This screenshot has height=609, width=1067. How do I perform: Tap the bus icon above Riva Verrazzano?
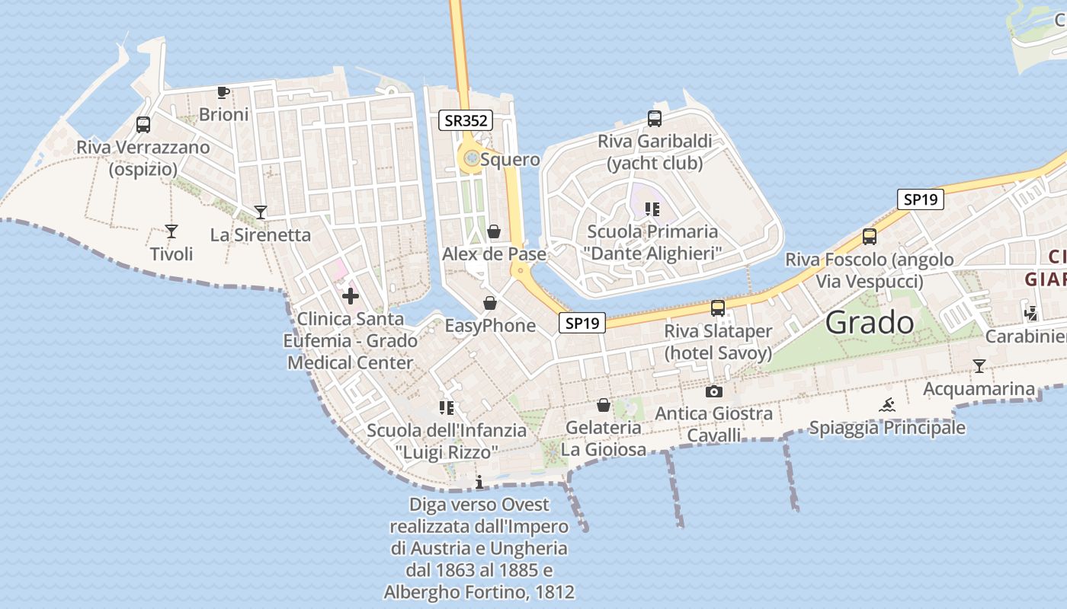click(x=143, y=125)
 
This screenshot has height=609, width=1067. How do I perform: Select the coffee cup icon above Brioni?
click(x=223, y=92)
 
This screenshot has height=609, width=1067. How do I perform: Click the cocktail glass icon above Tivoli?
click(x=171, y=231)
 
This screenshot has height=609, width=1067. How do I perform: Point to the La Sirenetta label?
click(x=261, y=234)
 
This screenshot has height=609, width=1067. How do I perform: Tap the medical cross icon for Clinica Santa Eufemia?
click(x=351, y=295)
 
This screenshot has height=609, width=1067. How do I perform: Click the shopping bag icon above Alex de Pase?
click(x=494, y=231)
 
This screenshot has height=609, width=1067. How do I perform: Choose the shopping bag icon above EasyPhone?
click(x=490, y=303)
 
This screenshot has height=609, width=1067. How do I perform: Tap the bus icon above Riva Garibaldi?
click(x=654, y=118)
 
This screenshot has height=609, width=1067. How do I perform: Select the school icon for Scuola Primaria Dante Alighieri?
click(x=652, y=209)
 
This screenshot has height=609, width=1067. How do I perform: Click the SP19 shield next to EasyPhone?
click(x=582, y=323)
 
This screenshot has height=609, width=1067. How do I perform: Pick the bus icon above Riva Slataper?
click(x=717, y=308)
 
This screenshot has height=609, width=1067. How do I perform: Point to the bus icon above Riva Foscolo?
click(x=870, y=236)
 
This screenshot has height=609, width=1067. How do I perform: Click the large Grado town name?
click(x=870, y=323)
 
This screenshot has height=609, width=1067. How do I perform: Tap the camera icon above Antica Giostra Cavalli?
click(x=713, y=391)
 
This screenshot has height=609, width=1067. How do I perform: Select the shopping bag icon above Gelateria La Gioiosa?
click(x=604, y=405)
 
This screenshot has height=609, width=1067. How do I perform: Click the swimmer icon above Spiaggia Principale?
click(x=887, y=405)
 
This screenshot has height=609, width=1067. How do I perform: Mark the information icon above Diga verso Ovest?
click(x=479, y=482)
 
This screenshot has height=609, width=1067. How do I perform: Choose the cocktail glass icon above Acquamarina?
click(x=979, y=366)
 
